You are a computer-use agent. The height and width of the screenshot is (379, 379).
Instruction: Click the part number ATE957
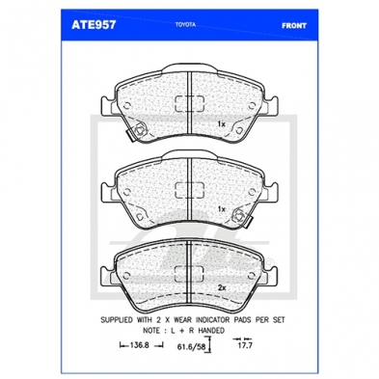[94, 25]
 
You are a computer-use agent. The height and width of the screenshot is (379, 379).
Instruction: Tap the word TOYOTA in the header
[185, 24]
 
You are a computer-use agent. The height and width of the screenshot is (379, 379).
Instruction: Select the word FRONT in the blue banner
[294, 26]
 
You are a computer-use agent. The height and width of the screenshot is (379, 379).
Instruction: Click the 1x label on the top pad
[221, 123]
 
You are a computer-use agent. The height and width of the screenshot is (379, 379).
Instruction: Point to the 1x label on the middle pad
[221, 209]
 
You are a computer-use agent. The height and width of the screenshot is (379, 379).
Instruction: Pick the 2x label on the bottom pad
[222, 288]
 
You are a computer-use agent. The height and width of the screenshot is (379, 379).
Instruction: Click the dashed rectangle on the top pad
[190, 104]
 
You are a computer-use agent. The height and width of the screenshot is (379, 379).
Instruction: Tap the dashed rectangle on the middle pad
[189, 190]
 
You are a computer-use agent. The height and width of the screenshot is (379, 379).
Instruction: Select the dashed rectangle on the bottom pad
[189, 274]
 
